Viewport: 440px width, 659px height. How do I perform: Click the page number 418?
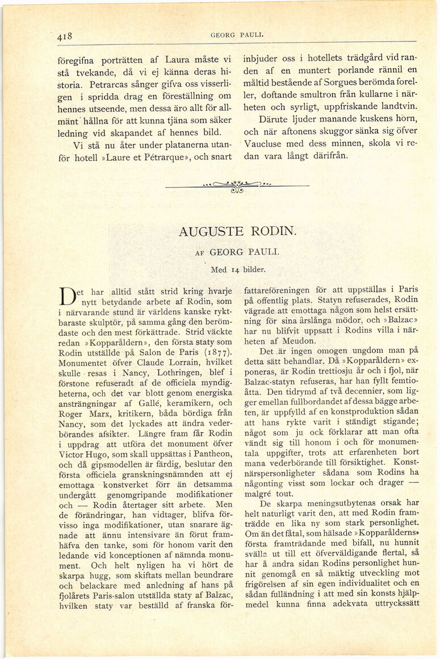[x=64, y=36]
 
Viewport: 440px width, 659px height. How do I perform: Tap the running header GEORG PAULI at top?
[x=228, y=35]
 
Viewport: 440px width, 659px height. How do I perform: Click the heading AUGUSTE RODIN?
[x=237, y=232]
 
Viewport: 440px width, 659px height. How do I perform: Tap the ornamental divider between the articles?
[x=237, y=186]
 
